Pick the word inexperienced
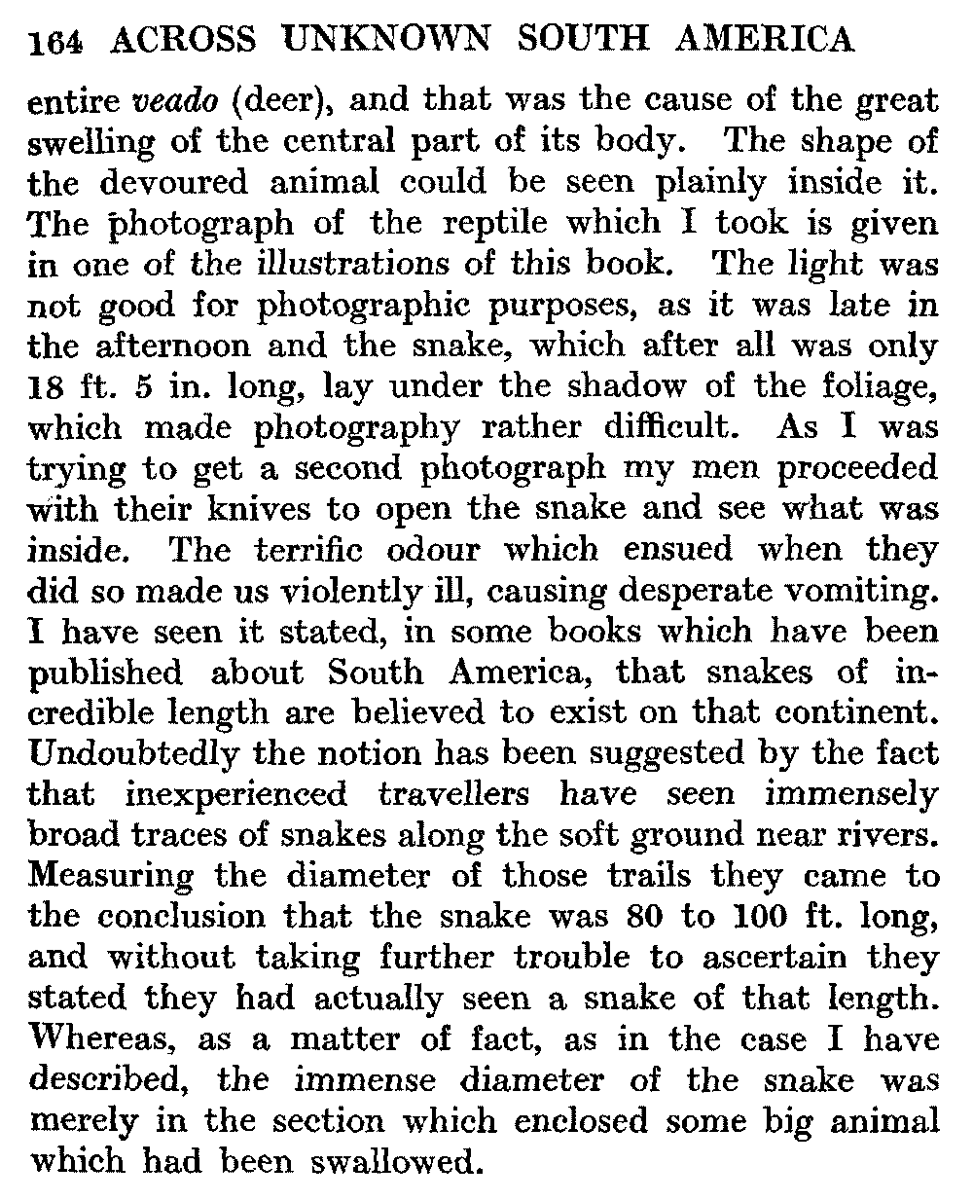coord(236,795)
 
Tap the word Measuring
coord(112,877)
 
